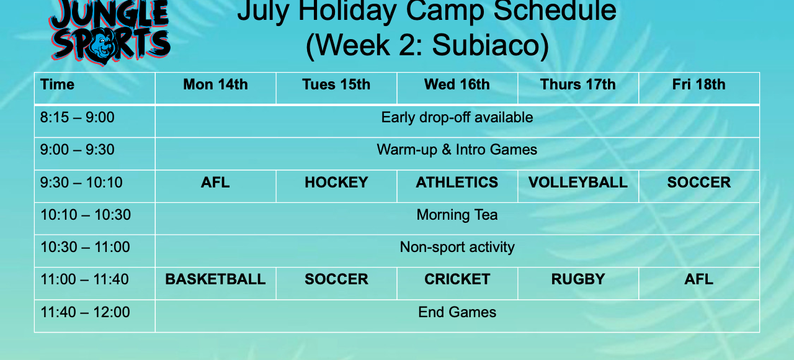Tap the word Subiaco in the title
490,45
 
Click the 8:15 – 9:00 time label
78,117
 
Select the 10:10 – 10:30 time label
86,215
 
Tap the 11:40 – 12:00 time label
85,312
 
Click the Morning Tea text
457,215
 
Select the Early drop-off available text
457,117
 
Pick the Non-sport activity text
457,247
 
